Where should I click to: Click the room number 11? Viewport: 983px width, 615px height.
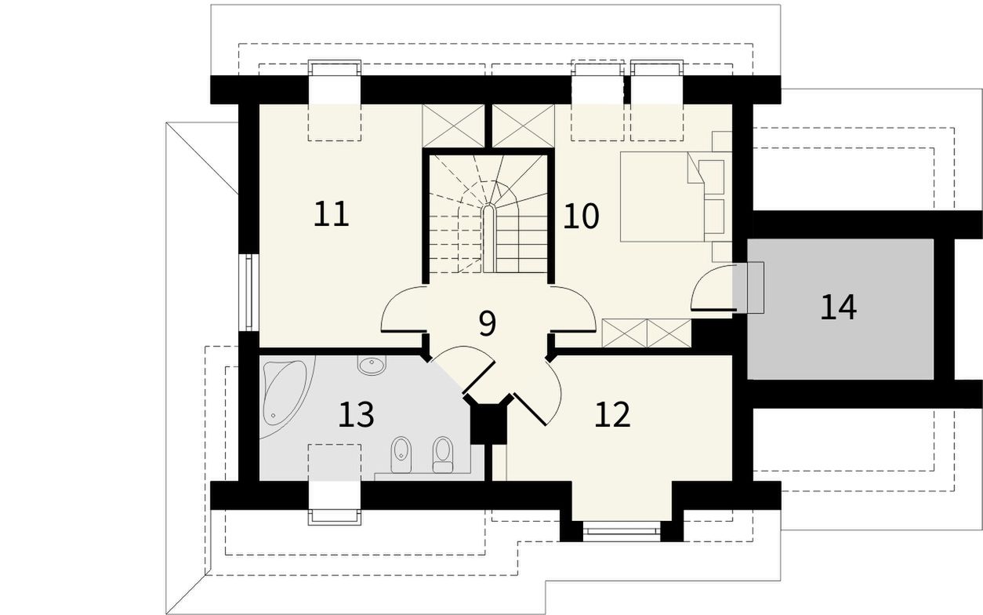pyautogui.click(x=332, y=214)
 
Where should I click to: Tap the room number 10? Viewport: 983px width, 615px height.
pyautogui.click(x=581, y=217)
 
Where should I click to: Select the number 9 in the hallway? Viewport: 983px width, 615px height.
pyautogui.click(x=487, y=323)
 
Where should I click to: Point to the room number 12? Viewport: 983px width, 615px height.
pyautogui.click(x=613, y=414)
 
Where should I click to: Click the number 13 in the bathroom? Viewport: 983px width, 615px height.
pyautogui.click(x=357, y=414)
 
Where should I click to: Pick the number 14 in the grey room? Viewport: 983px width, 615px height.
pyautogui.click(x=838, y=307)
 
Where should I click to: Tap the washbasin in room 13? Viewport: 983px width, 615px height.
pyautogui.click(x=372, y=365)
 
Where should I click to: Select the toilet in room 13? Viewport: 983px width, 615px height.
pyautogui.click(x=443, y=455)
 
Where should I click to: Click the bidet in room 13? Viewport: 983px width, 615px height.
pyautogui.click(x=401, y=455)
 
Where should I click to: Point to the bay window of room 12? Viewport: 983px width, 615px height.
pyautogui.click(x=622, y=530)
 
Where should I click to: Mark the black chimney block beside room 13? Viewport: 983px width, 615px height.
pyautogui.click(x=488, y=423)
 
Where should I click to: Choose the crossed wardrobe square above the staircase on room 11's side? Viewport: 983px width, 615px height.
pyautogui.click(x=453, y=126)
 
